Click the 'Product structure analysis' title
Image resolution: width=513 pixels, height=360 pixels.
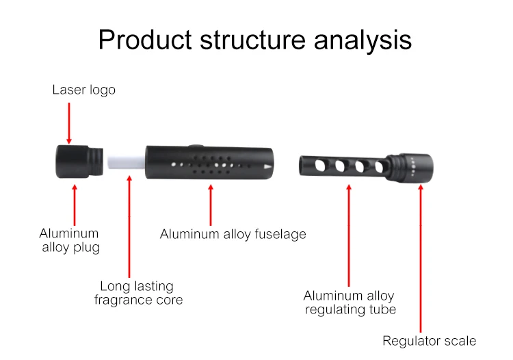(254, 40)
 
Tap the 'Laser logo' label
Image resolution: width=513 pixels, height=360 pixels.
(83, 90)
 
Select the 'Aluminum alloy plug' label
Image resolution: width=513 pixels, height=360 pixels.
(69, 240)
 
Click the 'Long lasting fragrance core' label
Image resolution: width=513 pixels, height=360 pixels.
(138, 293)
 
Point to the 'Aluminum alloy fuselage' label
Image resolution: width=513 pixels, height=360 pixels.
(233, 234)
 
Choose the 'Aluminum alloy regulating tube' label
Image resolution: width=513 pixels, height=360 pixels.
(350, 303)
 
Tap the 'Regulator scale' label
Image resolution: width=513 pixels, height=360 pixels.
(429, 341)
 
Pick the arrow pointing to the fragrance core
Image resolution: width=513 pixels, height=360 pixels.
(129, 226)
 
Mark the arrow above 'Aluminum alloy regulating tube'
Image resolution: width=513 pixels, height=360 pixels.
(349, 233)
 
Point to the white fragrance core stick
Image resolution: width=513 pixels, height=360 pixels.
(124, 162)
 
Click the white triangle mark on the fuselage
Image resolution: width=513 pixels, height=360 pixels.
(267, 166)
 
